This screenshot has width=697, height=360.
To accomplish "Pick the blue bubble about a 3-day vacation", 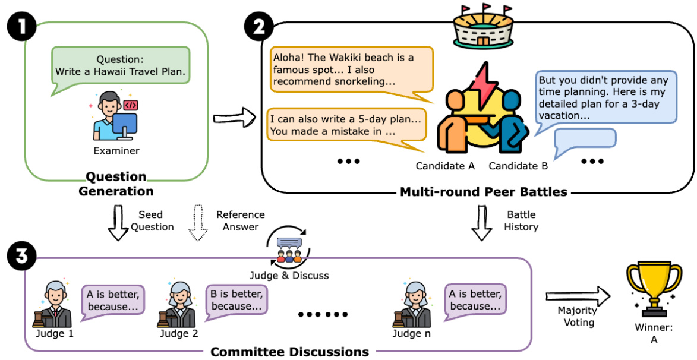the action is pyautogui.click(x=604, y=100).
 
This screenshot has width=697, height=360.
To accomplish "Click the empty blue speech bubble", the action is pyautogui.click(x=584, y=142).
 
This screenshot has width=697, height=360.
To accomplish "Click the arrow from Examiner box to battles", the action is pyautogui.click(x=235, y=118).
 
